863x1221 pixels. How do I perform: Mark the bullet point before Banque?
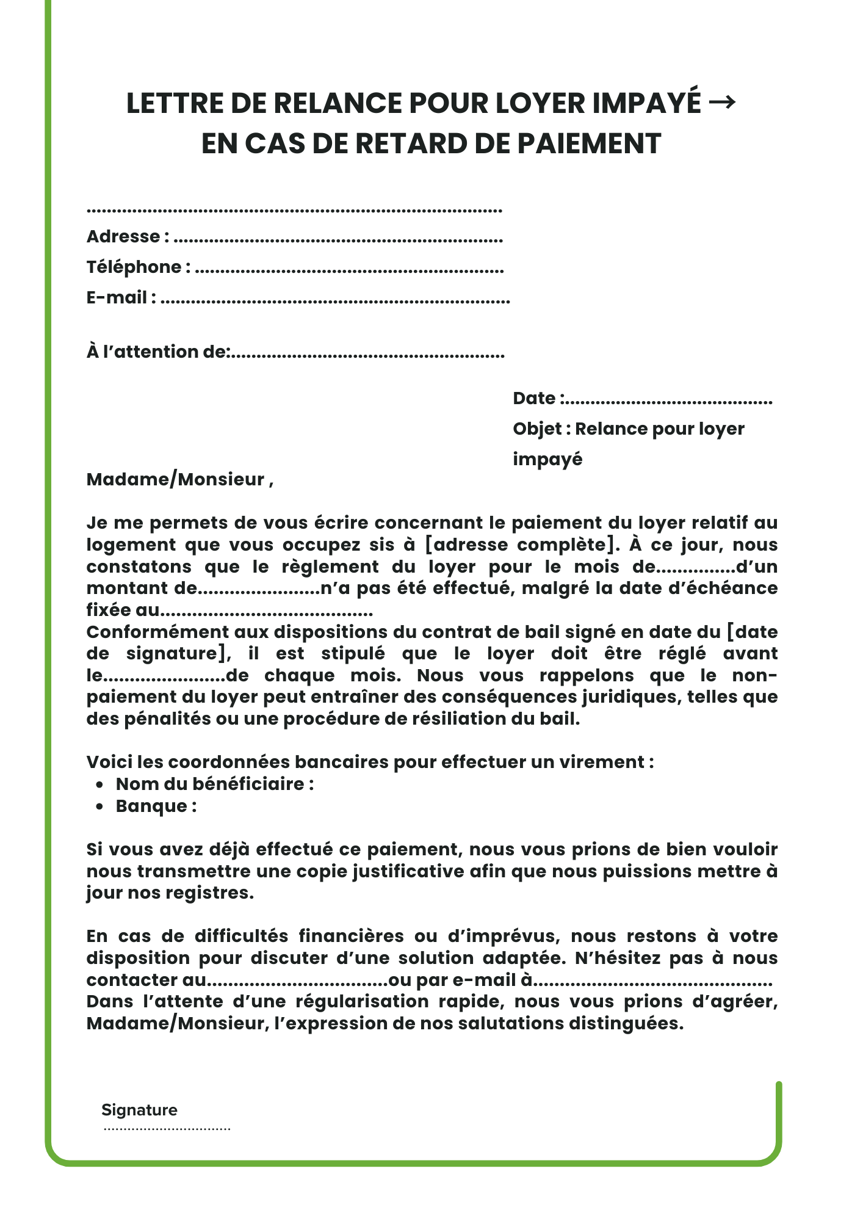pos(100,807)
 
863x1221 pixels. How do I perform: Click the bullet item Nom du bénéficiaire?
pos(214,784)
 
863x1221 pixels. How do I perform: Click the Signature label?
pos(139,1110)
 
